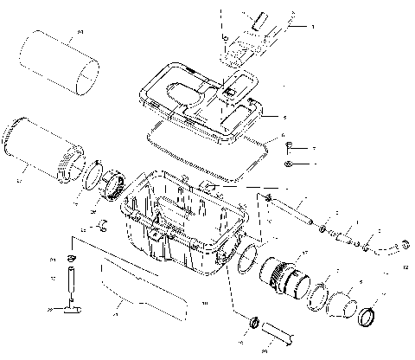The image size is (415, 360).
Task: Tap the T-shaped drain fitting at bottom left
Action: click(66, 306)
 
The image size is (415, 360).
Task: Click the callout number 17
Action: click(303, 252)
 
